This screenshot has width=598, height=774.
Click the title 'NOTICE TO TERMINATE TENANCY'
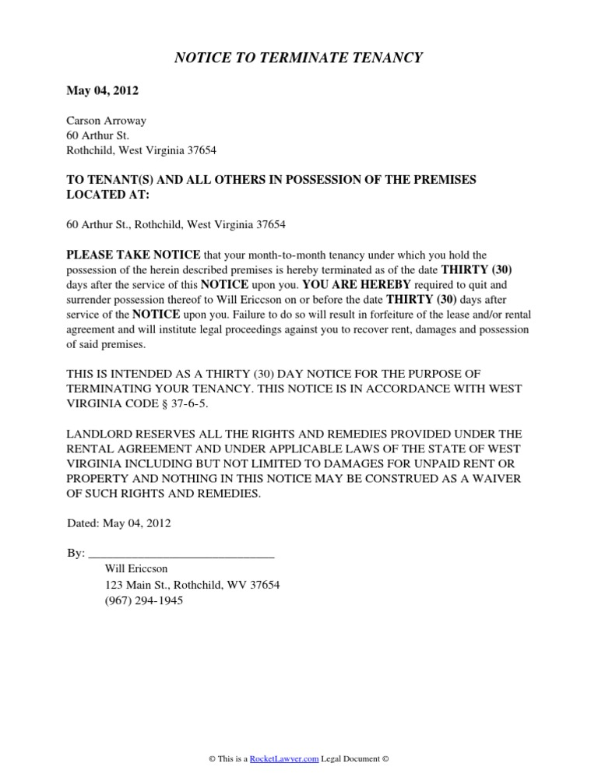pos(298,58)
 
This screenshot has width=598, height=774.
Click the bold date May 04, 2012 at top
pos(103,91)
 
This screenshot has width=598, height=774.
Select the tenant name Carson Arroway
pos(107,121)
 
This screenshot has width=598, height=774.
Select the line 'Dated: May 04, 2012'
pos(118,523)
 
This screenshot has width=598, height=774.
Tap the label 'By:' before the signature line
pos(76,554)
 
